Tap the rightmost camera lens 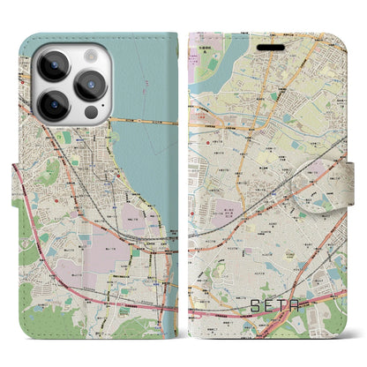point(91,85)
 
